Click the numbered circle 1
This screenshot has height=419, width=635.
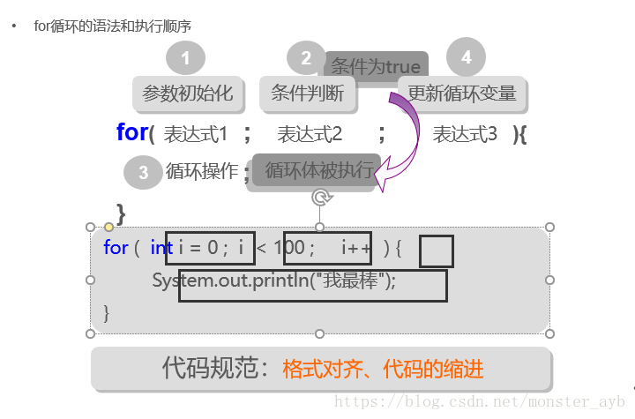tap(185, 59)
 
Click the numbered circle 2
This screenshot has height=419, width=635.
tap(306, 59)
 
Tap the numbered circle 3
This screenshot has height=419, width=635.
tap(143, 173)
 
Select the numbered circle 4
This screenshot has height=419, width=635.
tap(466, 58)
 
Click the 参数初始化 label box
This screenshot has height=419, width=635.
tap(187, 93)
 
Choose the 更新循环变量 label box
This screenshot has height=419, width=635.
tap(462, 93)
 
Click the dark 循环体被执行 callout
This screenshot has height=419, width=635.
tap(317, 171)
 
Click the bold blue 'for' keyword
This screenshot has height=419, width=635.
tap(132, 132)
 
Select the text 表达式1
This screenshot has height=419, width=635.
tap(196, 134)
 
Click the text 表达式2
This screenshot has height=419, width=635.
tap(310, 134)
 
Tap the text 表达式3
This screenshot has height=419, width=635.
tap(465, 134)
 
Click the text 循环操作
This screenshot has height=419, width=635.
tap(202, 171)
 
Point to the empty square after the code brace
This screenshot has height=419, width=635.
tap(436, 251)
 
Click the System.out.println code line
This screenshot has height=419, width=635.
tap(274, 281)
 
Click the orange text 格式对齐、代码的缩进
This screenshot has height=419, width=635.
tap(383, 369)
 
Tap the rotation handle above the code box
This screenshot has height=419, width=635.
tap(321, 198)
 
